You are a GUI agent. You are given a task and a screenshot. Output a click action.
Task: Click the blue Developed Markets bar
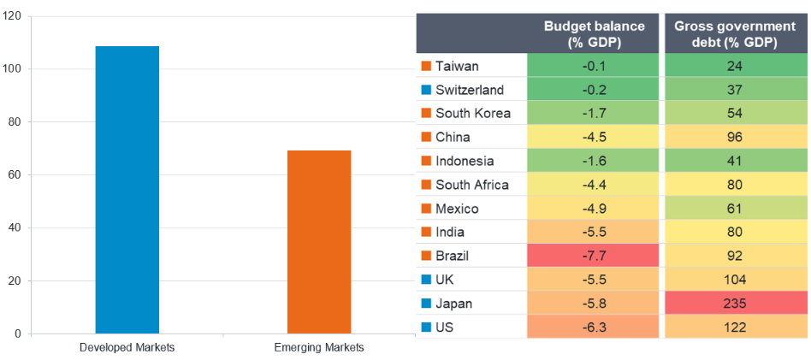coord(127,190)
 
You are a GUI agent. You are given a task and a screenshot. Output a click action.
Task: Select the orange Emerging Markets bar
coord(319,242)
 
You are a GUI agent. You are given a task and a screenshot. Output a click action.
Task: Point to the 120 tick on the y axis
coord(13,16)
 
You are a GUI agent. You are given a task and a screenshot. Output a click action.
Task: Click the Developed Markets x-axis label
coord(127,347)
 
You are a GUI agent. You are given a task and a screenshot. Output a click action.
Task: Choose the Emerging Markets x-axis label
coord(319,347)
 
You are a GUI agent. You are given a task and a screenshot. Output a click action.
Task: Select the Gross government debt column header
coord(736,34)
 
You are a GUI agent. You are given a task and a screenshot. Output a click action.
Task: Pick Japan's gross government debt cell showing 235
coord(736,304)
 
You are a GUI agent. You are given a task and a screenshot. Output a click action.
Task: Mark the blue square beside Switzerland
coord(426,90)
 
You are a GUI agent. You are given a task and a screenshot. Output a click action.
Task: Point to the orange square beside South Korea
coord(426,114)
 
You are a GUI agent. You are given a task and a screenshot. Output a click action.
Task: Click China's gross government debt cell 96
coord(736,137)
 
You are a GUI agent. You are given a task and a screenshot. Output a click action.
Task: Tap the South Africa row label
coord(471,185)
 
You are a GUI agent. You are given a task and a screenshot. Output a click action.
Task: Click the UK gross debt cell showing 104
coord(736,280)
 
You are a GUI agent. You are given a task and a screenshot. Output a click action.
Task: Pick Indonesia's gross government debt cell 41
coord(736,161)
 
